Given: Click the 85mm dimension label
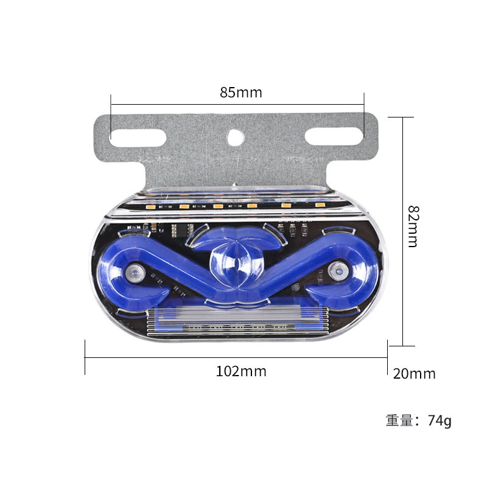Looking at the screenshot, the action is pos(241,93).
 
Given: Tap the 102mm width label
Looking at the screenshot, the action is pos(241,371).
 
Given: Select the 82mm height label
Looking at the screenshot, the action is pos(413,226).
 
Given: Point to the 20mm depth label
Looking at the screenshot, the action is pos(415,374).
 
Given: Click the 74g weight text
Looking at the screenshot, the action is pos(440,421).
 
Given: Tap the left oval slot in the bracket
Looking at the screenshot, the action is pos(138,138).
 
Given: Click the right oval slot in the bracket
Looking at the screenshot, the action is pos(334,136).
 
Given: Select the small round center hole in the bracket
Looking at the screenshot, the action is pos(236,138).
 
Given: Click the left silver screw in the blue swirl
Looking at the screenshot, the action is pos(135,273).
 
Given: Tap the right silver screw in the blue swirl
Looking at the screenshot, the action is pos(338,271).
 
